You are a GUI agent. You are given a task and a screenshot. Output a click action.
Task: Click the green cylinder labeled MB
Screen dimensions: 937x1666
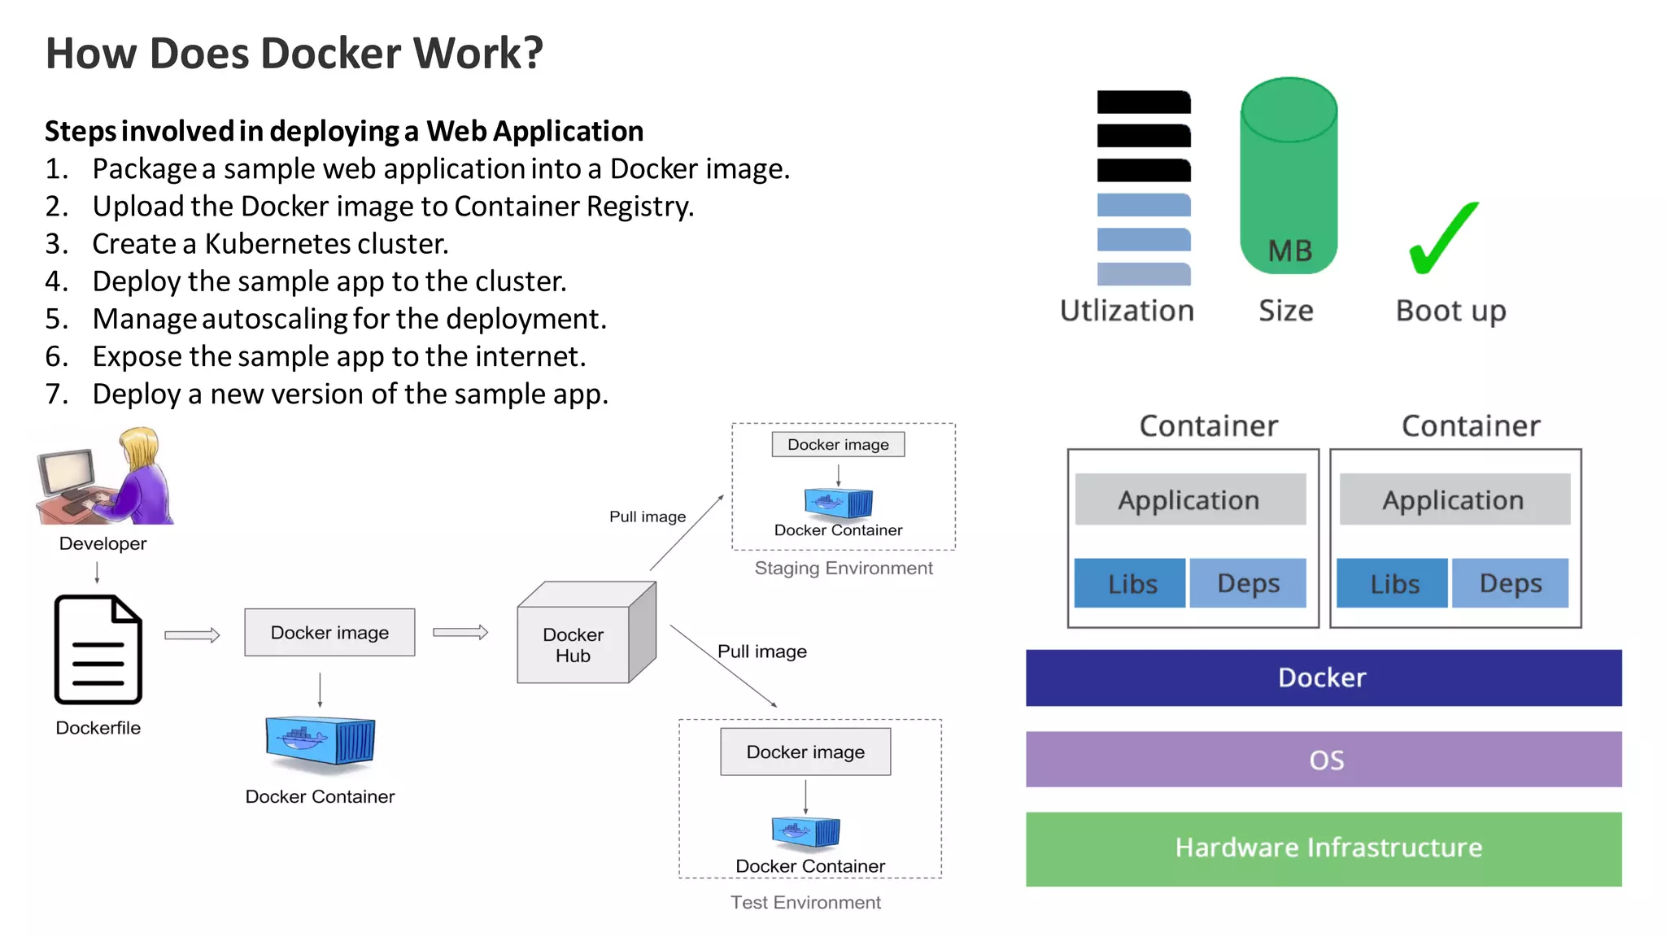coord(1289,179)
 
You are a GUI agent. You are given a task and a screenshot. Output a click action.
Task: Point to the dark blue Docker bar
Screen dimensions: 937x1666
coord(1323,678)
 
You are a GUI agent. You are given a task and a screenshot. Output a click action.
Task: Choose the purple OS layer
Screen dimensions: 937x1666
coord(1323,759)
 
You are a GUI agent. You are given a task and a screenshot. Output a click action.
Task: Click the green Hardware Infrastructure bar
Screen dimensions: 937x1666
coord(1323,848)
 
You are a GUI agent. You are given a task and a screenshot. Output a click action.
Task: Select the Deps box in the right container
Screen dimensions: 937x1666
coord(1510,583)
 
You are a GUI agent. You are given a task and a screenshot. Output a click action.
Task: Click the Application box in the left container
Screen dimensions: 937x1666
coord(1189,499)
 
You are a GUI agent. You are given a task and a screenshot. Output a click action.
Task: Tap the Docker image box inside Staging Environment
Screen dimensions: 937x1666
coord(838,445)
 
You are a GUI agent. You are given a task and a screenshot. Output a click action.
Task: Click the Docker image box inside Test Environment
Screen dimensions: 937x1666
coord(805,752)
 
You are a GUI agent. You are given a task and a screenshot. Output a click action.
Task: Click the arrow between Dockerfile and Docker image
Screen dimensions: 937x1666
coord(192,635)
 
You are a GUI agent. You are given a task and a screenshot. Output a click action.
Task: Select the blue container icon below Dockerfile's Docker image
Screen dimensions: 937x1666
coord(321,741)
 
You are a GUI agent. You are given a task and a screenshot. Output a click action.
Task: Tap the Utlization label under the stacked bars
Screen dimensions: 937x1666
coord(1127,311)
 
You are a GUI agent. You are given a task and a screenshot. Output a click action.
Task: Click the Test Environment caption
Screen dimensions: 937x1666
coord(805,902)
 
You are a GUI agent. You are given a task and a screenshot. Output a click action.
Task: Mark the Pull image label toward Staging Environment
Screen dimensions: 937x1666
coord(648,516)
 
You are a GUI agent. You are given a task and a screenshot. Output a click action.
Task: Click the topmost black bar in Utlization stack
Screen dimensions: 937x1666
coord(1143,102)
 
